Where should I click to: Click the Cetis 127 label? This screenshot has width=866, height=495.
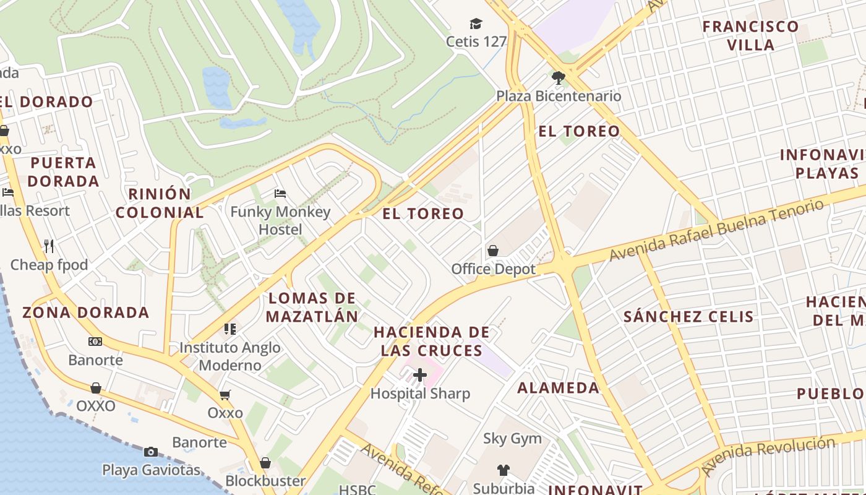pos(476,41)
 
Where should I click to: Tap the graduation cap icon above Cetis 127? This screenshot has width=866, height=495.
pos(476,24)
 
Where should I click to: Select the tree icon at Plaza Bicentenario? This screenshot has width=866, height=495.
pos(559,78)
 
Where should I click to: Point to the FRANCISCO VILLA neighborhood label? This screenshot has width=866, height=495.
pos(750,35)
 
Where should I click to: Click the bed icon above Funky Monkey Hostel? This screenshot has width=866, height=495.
pos(280,194)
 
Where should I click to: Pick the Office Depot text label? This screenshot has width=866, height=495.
pos(493,269)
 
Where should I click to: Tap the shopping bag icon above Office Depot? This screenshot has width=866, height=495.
pos(493,251)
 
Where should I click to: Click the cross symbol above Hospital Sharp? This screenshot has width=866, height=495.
pos(420,375)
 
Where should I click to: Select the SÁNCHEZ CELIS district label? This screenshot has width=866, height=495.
pos(688,317)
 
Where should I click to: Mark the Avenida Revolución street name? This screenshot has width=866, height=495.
pos(773,454)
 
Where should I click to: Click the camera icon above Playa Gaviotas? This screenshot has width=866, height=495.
pos(151,452)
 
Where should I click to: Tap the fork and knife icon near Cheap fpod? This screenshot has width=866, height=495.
pos(49,246)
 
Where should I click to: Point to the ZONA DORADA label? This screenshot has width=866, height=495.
pos(86,312)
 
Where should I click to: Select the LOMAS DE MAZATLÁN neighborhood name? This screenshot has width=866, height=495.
pos(312,308)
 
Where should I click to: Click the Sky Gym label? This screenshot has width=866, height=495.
pos(512,439)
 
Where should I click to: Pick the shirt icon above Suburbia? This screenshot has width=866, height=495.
pos(504,470)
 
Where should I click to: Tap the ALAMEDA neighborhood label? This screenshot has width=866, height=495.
pos(559,388)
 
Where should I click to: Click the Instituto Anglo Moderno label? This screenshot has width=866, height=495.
pos(230,356)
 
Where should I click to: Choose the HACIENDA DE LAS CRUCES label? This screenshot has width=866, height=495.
pos(432,342)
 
